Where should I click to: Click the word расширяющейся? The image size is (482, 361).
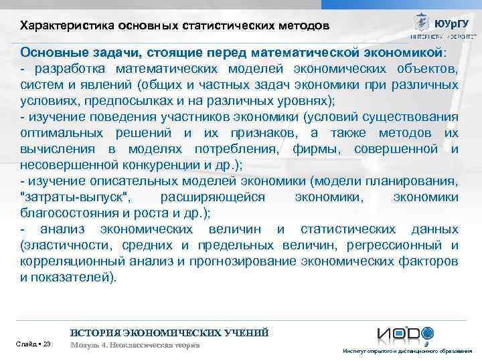[213, 197]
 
